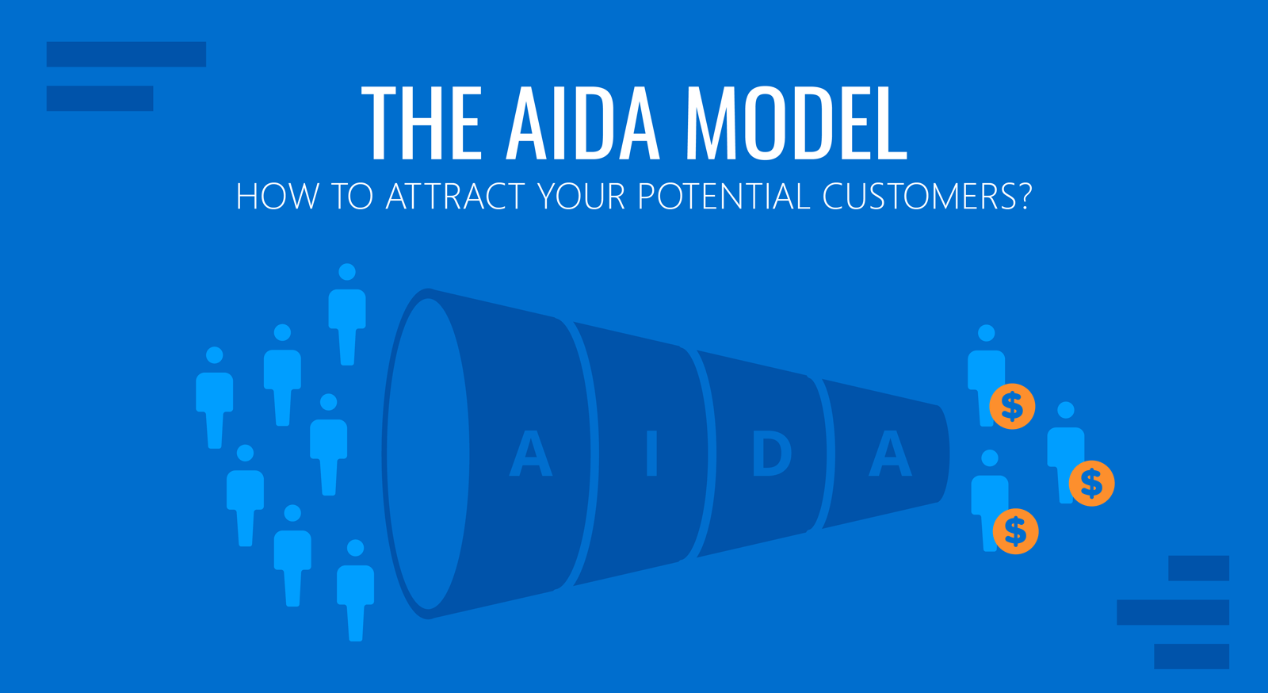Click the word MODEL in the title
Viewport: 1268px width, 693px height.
coord(796,124)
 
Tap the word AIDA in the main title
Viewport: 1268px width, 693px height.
coord(583,124)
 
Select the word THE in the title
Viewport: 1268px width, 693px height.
coord(421,124)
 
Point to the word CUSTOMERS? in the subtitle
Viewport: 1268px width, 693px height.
coord(927,196)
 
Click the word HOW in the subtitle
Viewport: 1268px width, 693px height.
coord(277,196)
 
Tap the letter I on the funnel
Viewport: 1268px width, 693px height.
coord(651,453)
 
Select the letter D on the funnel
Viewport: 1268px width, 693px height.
coord(772,453)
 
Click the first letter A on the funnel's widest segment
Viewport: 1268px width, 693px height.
coord(530,453)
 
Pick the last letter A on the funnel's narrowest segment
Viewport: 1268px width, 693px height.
coord(891,453)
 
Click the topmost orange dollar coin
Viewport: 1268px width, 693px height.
coord(1012,407)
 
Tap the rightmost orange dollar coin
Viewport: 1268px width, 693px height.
coord(1091,483)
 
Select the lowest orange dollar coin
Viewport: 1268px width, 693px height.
coord(1015,531)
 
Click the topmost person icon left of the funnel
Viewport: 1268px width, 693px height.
coord(347,314)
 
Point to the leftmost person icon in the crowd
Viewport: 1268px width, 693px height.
coord(215,397)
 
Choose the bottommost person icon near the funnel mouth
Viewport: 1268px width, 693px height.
coord(356,590)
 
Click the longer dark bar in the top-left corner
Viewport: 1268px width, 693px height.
coord(126,55)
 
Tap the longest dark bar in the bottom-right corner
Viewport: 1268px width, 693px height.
coord(1173,612)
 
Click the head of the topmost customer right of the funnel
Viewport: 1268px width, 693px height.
coord(986,333)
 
